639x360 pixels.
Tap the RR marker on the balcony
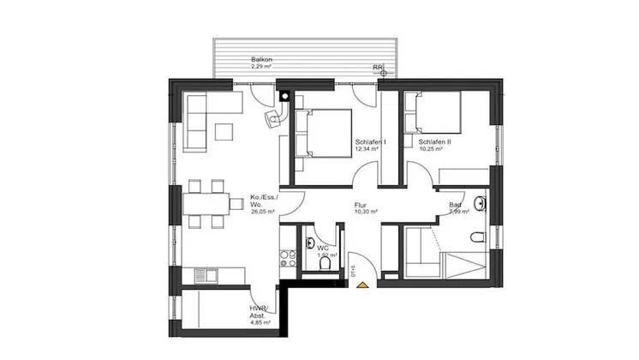pyautogui.click(x=377, y=67)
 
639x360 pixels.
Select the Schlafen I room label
pyautogui.click(x=370, y=142)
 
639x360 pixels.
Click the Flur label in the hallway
pyautogui.click(x=361, y=207)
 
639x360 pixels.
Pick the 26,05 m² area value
pyautogui.click(x=263, y=211)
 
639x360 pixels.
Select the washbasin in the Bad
pyautogui.click(x=481, y=203)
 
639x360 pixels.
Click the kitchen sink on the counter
pyautogui.click(x=206, y=275)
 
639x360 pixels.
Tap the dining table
pyautogui.click(x=206, y=204)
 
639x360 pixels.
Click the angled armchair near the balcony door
pyautogui.click(x=273, y=117)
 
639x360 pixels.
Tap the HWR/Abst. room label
pyautogui.click(x=259, y=312)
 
